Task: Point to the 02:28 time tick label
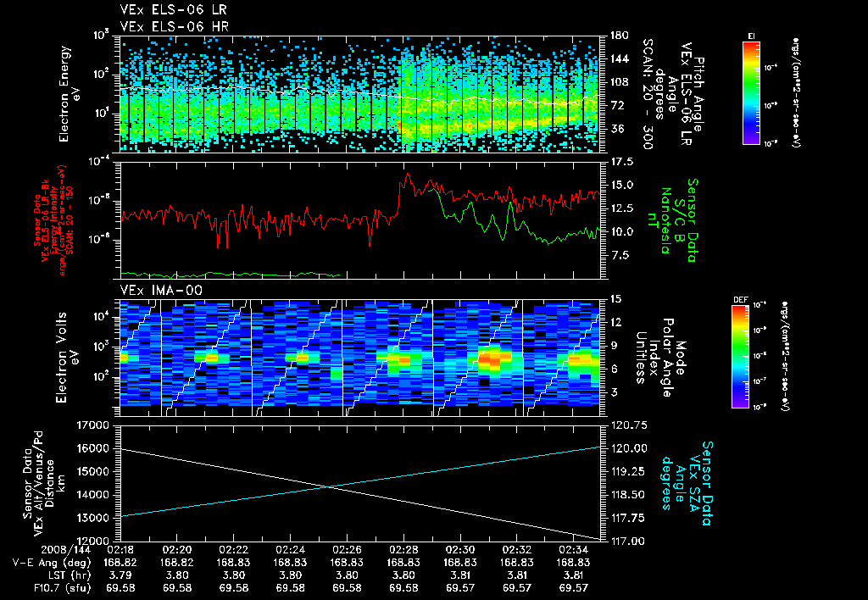403,549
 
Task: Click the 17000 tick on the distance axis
95,425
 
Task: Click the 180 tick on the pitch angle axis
617,36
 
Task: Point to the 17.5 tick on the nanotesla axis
620,161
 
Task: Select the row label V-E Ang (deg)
52,562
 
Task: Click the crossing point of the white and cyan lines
328,486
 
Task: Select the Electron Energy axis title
74,93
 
